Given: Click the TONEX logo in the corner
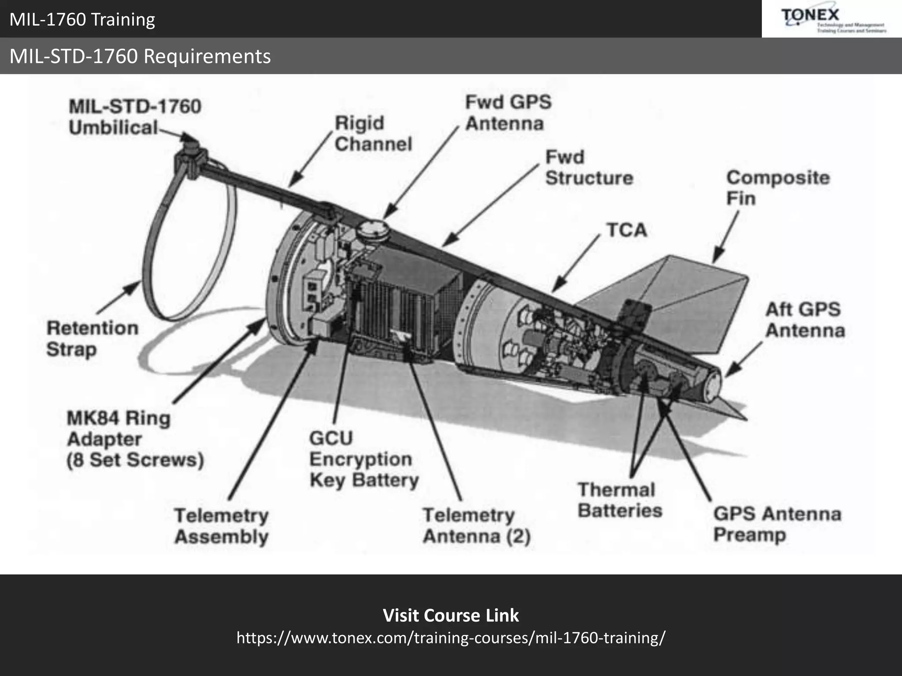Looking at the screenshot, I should coord(832,19).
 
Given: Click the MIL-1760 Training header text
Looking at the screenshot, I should coord(82,19).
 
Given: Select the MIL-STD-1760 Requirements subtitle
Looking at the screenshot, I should coord(140,56).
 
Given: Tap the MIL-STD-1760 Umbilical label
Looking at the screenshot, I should coord(134,117).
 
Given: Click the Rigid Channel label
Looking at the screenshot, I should coord(373,133).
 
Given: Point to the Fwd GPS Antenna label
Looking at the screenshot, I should coord(508,113).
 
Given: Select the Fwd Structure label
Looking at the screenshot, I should coord(589,168).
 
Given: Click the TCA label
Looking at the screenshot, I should coord(627,230).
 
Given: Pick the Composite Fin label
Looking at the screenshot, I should coord(778,188).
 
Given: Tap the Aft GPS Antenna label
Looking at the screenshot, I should coord(805,320).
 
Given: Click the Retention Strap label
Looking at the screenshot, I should coord(92,338).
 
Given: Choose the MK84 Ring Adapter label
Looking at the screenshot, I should coord(135,439).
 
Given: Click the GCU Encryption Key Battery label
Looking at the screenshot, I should coord(363,459).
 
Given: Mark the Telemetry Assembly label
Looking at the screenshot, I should coord(221,526).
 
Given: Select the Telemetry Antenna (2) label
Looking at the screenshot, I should coord(477,525).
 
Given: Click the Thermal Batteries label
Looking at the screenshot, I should coord(619,500).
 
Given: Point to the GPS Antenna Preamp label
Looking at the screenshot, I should coord(777,524).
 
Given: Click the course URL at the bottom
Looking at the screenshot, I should coord(451,637).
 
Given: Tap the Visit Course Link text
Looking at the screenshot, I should coord(451,615).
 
